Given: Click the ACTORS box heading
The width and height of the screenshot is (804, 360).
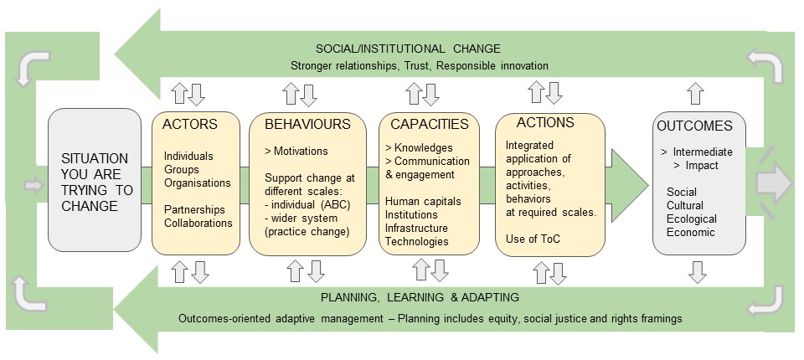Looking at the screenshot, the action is pos(190,124).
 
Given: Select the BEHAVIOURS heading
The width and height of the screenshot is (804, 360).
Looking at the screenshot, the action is pos(307,124).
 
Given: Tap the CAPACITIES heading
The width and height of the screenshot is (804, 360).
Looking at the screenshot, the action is pos(430,124).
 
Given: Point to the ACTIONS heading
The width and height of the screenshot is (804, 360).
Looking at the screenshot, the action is pos(545,122).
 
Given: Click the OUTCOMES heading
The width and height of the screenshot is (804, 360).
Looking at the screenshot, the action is pos(695,126).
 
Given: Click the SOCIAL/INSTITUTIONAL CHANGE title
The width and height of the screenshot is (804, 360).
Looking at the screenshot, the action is pos(408,49).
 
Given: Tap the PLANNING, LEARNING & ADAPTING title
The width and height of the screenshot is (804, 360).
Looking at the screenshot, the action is pos(420,297).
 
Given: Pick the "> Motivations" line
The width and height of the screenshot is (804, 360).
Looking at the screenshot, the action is pos(296,152).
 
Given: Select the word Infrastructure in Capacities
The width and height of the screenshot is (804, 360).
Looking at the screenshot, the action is pos(416,229).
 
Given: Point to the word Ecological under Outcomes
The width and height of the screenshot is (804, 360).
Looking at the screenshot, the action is pos(692,219).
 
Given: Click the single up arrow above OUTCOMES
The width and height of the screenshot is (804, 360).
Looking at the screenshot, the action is pos(695,93).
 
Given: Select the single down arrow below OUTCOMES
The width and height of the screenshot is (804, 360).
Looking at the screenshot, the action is pos(698,272).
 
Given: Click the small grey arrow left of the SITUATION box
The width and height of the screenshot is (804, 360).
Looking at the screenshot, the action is pos(33,186).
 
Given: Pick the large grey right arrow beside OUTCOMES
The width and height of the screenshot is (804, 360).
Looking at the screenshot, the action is pos(774,183).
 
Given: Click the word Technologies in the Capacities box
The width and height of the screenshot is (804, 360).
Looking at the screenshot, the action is pos(417,242).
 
